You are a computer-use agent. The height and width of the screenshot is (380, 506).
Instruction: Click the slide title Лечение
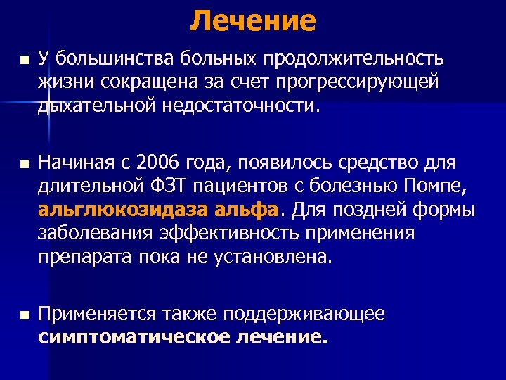pyautogui.click(x=253, y=20)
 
